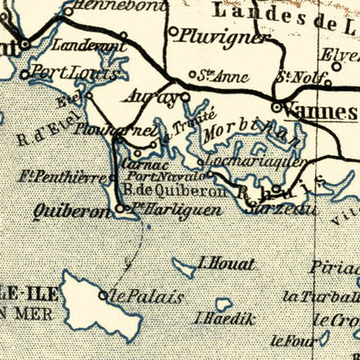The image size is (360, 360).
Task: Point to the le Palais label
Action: coord(146,295)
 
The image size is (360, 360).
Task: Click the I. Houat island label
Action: coord(227,264)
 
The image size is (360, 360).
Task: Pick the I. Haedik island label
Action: coord(224,318)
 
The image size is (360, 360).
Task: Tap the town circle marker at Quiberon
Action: coord(122,211)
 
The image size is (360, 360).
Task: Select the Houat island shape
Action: coord(185,266)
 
